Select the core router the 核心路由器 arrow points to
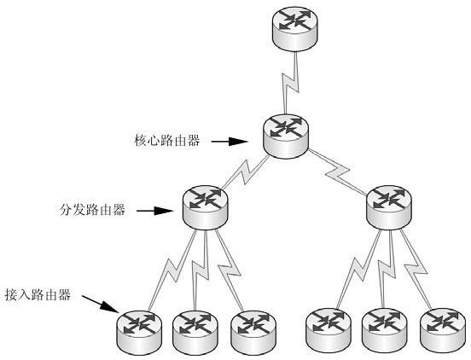[x=286, y=136]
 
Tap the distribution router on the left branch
[x=205, y=207]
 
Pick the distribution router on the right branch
[x=389, y=207]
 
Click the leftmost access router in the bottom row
[x=139, y=333]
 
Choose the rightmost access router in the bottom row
[x=443, y=330]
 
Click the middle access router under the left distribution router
[x=195, y=333]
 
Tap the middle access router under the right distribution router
[x=385, y=330]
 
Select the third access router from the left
[x=253, y=333]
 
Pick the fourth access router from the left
[x=328, y=330]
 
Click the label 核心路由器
[x=167, y=141]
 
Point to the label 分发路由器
[x=92, y=210]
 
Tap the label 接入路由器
[x=38, y=295]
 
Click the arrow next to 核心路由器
[x=230, y=142]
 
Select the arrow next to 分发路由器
[x=155, y=211]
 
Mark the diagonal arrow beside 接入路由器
[x=101, y=305]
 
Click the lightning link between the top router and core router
[x=290, y=83]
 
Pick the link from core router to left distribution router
[x=246, y=172]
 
